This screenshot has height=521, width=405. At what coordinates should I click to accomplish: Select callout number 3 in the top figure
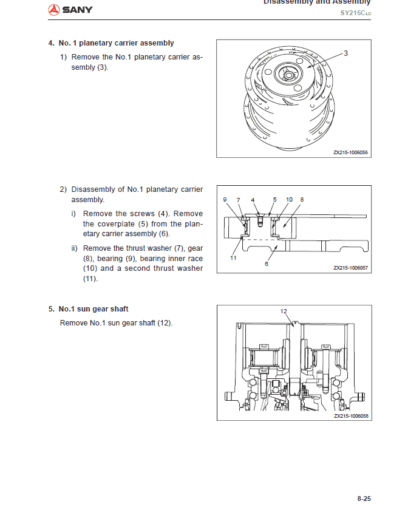click(x=345, y=53)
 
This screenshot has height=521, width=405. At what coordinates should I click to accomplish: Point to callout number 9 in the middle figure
click(x=225, y=199)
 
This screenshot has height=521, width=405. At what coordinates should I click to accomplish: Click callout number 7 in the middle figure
click(x=239, y=199)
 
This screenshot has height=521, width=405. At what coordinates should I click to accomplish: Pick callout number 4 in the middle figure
click(x=253, y=199)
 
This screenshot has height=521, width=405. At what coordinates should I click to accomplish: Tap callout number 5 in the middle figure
click(x=274, y=199)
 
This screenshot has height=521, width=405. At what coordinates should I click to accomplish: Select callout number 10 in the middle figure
click(x=289, y=199)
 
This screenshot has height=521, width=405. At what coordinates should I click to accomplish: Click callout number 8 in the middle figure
click(x=302, y=199)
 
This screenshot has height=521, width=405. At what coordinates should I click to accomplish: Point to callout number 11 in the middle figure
click(x=233, y=258)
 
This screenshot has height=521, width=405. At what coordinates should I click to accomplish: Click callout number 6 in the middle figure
click(x=266, y=264)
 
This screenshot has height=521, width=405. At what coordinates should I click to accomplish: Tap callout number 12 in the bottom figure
click(x=284, y=311)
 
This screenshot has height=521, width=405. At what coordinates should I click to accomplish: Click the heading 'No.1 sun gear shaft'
click(x=94, y=309)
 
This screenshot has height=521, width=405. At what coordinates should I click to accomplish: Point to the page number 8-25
click(x=364, y=499)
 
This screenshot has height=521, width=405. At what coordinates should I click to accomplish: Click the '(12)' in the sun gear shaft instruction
click(x=165, y=322)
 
